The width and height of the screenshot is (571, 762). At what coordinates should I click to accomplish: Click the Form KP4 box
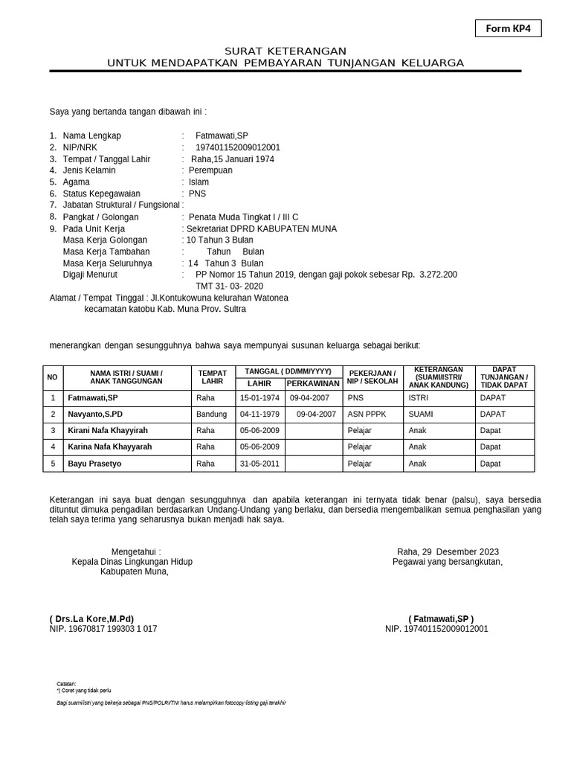tap(508, 28)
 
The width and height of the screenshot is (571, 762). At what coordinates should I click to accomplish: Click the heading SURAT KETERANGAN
tap(285, 51)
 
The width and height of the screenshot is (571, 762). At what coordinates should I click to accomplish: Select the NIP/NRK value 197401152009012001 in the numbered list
tap(237, 147)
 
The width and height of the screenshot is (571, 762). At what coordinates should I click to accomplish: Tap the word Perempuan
tap(210, 170)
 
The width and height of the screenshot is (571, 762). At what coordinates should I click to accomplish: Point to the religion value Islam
tap(199, 182)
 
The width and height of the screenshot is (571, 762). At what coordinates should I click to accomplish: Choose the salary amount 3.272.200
tap(439, 275)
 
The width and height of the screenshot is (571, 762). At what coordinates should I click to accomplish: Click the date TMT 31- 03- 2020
tap(229, 286)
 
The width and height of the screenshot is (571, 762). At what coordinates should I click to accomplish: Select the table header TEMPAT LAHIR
tap(212, 377)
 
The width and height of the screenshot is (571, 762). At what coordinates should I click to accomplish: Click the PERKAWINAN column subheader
tap(313, 383)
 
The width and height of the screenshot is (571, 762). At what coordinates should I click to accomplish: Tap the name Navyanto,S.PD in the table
tap(95, 414)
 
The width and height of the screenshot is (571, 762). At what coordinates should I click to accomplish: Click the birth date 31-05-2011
tap(259, 464)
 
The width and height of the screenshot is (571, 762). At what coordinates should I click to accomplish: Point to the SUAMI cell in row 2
tap(420, 414)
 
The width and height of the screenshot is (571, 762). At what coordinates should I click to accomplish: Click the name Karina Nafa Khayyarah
tap(109, 446)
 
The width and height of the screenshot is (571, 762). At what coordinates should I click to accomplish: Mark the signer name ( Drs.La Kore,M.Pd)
tap(91, 618)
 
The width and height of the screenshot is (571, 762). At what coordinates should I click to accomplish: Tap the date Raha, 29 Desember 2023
tap(448, 551)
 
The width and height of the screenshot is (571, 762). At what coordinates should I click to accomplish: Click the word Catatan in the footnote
tap(66, 683)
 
